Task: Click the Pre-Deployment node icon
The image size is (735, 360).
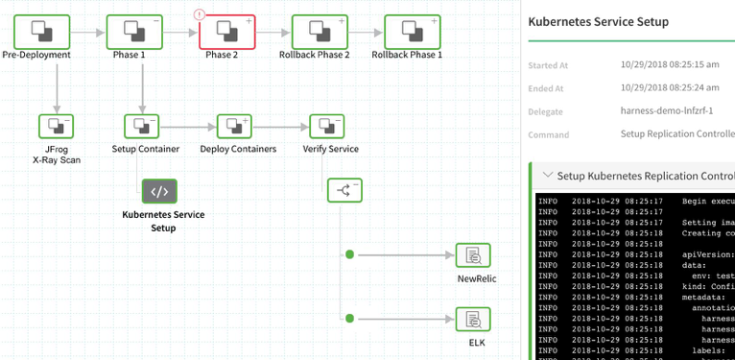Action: click(36, 32)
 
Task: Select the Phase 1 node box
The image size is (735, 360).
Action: click(130, 32)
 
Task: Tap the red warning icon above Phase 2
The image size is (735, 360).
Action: click(200, 14)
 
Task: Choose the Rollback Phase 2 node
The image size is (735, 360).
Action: click(315, 32)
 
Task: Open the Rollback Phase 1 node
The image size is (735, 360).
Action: click(407, 32)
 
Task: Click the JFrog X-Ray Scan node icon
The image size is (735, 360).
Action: click(56, 126)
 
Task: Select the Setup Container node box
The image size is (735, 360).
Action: click(142, 126)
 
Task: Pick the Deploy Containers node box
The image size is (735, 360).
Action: click(234, 126)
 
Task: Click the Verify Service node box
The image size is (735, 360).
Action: click(327, 126)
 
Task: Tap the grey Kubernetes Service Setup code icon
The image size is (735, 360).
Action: click(159, 191)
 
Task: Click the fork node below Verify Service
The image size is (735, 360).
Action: click(344, 190)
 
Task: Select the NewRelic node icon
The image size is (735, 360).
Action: click(472, 255)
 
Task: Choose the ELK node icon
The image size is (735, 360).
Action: click(472, 320)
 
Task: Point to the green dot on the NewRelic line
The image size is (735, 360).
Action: click(349, 255)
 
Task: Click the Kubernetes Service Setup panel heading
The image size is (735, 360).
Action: click(599, 21)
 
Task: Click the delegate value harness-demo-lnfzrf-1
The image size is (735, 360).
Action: click(667, 110)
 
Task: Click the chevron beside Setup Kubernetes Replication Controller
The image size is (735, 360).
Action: click(547, 176)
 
